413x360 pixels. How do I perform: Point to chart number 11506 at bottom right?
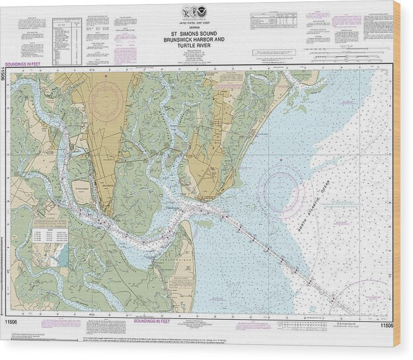(387, 325)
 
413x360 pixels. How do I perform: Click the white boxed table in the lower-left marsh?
(49, 234)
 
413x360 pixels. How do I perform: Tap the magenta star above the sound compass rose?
(282, 161)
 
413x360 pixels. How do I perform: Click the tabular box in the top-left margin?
(67, 41)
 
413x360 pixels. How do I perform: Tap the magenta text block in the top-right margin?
(347, 20)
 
